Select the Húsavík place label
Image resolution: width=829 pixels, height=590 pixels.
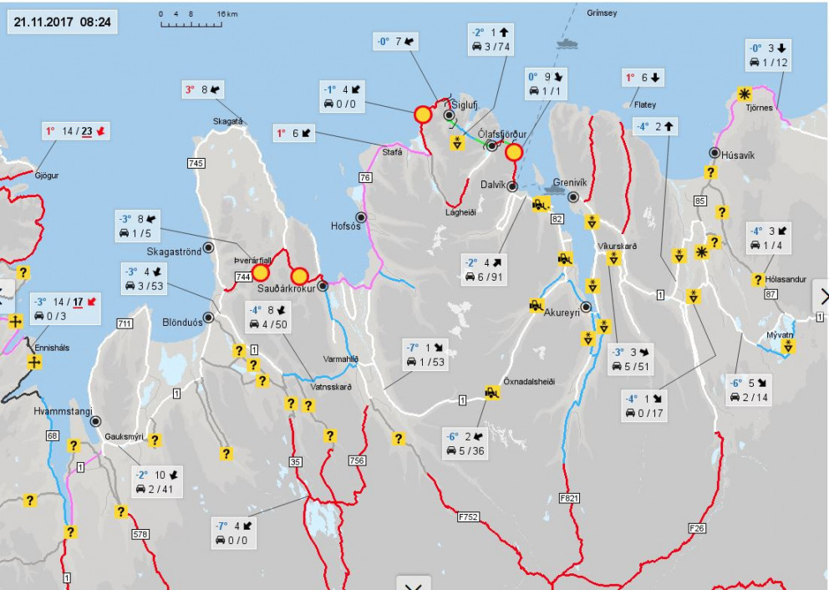(739, 153)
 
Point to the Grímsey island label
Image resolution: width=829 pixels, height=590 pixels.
(602, 13)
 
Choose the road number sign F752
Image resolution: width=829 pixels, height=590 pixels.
(468, 517)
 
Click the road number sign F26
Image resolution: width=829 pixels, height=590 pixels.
(698, 528)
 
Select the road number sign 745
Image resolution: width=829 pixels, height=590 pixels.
(196, 163)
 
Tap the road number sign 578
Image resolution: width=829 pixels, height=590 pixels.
(139, 533)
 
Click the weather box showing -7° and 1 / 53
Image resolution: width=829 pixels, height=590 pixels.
(425, 354)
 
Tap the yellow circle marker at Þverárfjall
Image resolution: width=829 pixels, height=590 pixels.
(261, 272)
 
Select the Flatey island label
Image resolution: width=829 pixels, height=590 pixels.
(644, 104)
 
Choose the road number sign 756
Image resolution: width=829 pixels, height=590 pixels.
(358, 460)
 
